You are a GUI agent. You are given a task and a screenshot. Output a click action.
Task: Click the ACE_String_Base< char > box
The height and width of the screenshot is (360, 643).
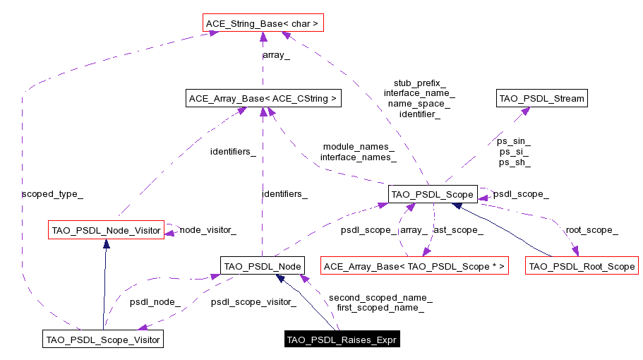coord(262,24)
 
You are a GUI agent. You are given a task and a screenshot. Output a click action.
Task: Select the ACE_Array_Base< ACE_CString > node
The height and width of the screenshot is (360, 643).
coord(262,98)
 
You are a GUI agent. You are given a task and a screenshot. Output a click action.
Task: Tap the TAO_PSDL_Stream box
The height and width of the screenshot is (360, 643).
coord(541,98)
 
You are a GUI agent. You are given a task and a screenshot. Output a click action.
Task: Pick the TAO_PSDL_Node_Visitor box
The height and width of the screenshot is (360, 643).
coord(105,230)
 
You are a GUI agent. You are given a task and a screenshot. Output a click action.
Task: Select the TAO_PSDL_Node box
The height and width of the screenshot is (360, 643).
coord(262,266)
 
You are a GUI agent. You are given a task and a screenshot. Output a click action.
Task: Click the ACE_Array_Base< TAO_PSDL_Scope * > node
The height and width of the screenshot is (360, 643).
coord(414,266)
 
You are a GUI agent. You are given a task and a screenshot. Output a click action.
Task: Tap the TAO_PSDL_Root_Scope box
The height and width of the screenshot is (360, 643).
coord(582,266)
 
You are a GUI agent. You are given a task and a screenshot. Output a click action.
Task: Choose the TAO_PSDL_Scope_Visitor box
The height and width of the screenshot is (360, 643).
coord(103,340)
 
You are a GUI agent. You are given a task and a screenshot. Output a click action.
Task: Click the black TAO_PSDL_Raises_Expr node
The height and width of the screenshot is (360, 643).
coord(342,340)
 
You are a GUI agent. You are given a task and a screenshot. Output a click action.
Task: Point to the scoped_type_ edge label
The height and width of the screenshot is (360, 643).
coord(47,193)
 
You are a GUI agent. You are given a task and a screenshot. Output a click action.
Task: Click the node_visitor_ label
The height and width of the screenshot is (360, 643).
coord(208,229)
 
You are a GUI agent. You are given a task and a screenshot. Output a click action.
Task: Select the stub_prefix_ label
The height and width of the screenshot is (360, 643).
coord(419,83)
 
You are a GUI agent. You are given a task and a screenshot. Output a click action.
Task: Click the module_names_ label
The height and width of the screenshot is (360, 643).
coord(359,146)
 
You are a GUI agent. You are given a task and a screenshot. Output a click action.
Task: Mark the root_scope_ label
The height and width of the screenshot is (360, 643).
coord(591,229)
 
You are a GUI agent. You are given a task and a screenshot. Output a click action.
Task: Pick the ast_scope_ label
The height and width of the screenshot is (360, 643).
coord(457,229)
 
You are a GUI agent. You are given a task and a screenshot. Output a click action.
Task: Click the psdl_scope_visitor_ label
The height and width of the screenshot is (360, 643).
coord(253,302)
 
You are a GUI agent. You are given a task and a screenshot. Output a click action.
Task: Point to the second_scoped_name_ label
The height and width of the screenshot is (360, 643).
coord(380,298)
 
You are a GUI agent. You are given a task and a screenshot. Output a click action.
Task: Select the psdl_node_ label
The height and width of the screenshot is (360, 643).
coord(155,302)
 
